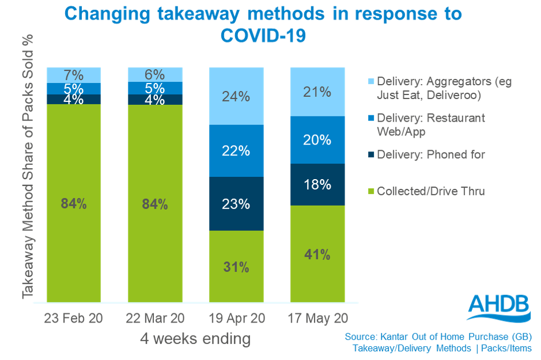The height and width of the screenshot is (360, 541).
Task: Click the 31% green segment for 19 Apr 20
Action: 236,267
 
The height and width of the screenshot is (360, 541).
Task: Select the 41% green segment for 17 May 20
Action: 317,254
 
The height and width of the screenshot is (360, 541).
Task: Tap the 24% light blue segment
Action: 236,96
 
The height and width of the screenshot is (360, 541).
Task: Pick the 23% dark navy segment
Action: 236,204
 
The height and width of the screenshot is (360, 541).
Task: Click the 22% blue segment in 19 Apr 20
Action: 236,151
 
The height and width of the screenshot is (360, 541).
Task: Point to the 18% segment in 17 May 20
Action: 317,184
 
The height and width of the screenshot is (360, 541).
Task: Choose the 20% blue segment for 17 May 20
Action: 317,140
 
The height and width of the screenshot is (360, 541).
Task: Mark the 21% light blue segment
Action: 317,92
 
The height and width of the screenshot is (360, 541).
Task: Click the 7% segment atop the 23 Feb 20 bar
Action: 74,75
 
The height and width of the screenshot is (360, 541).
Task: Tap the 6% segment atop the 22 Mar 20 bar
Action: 155,74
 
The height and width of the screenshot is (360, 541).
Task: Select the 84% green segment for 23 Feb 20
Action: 74,203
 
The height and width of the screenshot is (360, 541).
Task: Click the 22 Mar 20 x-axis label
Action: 155,319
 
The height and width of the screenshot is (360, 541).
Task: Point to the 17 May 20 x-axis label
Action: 317,319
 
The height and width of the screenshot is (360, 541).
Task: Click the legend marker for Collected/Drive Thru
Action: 370,192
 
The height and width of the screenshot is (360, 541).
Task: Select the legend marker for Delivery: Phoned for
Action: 370,155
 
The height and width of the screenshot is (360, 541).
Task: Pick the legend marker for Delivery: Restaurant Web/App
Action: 370,118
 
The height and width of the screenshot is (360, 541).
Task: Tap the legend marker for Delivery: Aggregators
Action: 370,82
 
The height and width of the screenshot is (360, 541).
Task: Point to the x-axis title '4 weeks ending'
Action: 196,339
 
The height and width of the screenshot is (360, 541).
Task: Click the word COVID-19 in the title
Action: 263,35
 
